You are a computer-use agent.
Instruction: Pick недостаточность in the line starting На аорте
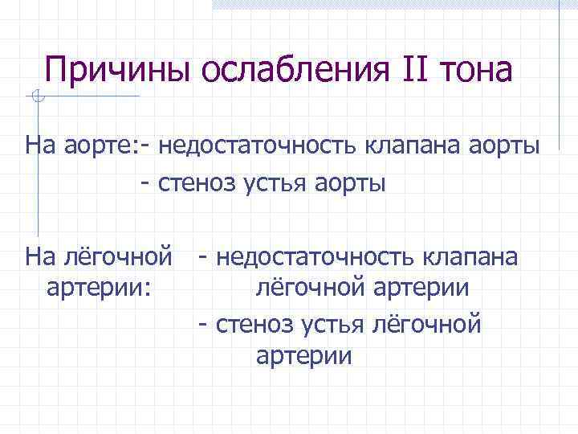coord(249,146)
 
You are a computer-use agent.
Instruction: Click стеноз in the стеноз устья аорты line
coord(200,184)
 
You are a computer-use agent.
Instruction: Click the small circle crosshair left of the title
coord(38,97)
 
